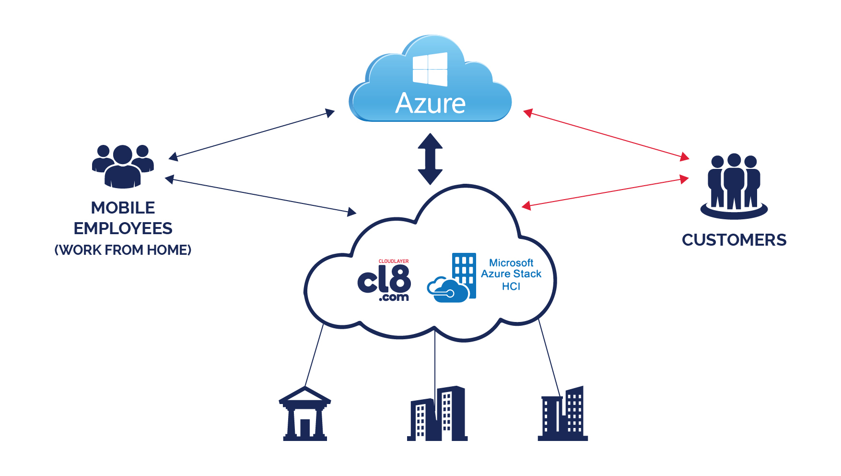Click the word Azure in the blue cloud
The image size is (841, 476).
coord(430,103)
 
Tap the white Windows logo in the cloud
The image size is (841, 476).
coord(430,69)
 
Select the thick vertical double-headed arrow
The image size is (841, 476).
coord(430,159)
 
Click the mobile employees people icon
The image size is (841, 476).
coord(123,166)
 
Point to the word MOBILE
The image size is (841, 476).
coord(123,208)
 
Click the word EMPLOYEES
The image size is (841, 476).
coord(123,228)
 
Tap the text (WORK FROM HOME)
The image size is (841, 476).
coord(123,250)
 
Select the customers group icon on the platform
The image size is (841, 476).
coord(734,187)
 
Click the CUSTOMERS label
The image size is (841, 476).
coord(734,240)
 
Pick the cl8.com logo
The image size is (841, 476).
coord(384,280)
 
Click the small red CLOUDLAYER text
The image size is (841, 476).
coord(394,262)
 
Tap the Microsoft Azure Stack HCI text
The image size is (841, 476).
coord(511,274)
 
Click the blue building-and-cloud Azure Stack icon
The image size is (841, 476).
coord(452,278)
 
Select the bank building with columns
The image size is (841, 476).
coord(305,414)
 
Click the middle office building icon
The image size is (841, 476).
coord(437,414)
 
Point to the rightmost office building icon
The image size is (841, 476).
coord(563,414)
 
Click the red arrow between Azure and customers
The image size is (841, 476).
coord(606,135)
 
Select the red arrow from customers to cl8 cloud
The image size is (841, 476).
coord(605,192)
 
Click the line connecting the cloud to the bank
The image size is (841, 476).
coord(314,356)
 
